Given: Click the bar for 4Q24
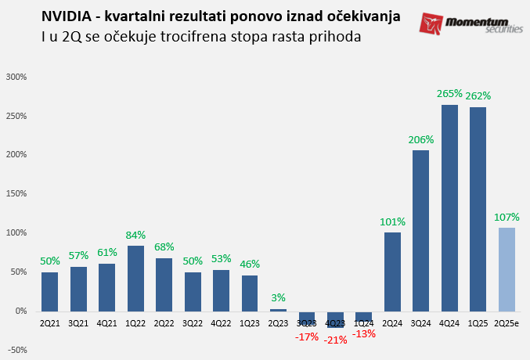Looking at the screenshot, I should [x=449, y=207].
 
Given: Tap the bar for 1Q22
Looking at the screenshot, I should [x=135, y=278].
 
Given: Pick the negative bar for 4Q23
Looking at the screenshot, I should [x=336, y=319].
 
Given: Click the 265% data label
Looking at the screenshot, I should [x=449, y=93].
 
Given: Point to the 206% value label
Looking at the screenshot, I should [x=420, y=139].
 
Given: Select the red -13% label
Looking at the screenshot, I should [x=364, y=333].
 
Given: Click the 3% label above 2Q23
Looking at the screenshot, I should [x=278, y=297].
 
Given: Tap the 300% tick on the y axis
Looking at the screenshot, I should [x=16, y=77].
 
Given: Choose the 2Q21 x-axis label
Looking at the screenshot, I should [x=49, y=322].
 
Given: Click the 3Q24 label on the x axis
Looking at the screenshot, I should [x=420, y=322].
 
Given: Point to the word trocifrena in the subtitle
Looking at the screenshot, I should [x=196, y=36].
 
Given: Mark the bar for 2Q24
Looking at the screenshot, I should [x=392, y=272].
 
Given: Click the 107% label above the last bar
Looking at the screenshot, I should [x=507, y=217].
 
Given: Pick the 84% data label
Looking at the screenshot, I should [x=135, y=235].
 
